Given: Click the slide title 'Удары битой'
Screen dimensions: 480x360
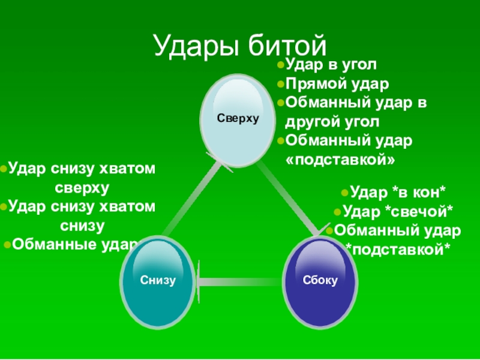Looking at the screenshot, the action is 240,46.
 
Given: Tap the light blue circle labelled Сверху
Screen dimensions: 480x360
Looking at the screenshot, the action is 238,119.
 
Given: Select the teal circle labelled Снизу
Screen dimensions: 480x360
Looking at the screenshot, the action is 158,280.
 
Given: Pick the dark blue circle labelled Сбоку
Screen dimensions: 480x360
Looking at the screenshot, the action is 320,280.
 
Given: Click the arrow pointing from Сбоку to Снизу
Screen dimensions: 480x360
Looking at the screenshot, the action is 239,279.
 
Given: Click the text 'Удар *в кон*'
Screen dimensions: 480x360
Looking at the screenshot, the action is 397,193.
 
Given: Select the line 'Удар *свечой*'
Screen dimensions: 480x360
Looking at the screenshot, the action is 397,211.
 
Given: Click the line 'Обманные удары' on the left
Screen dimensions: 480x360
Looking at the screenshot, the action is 75,244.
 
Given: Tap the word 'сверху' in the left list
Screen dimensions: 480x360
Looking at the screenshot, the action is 83,188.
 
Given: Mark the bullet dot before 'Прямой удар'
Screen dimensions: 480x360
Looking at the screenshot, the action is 281,84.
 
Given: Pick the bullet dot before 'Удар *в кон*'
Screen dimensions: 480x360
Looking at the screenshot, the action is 344,193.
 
